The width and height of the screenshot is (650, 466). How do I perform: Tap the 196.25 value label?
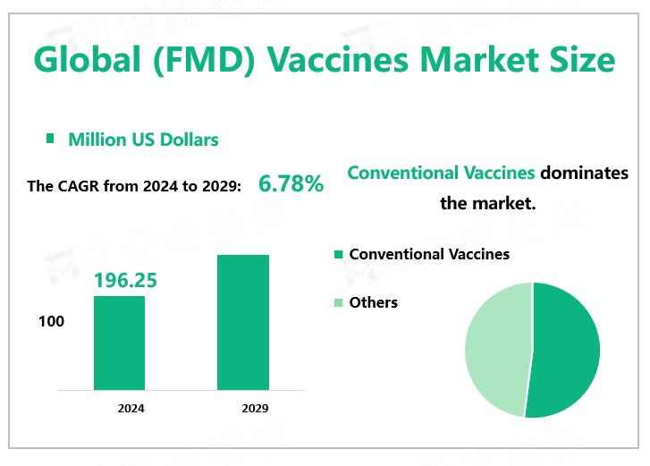pos(125,281)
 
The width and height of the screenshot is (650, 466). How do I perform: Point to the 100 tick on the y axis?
pos(52,321)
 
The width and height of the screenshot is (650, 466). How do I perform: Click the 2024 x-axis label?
pos(131,409)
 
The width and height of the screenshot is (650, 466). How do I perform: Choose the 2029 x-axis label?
pos(255,409)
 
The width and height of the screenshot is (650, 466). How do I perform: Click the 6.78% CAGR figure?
pos(291,185)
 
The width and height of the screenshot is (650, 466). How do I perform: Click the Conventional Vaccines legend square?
pos(338,255)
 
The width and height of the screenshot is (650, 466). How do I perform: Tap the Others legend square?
pos(338,303)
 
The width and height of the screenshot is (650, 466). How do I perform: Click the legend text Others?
pos(374,302)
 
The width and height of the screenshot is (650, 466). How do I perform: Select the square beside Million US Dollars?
pos(51,139)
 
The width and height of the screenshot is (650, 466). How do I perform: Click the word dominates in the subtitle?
pos(584,173)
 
